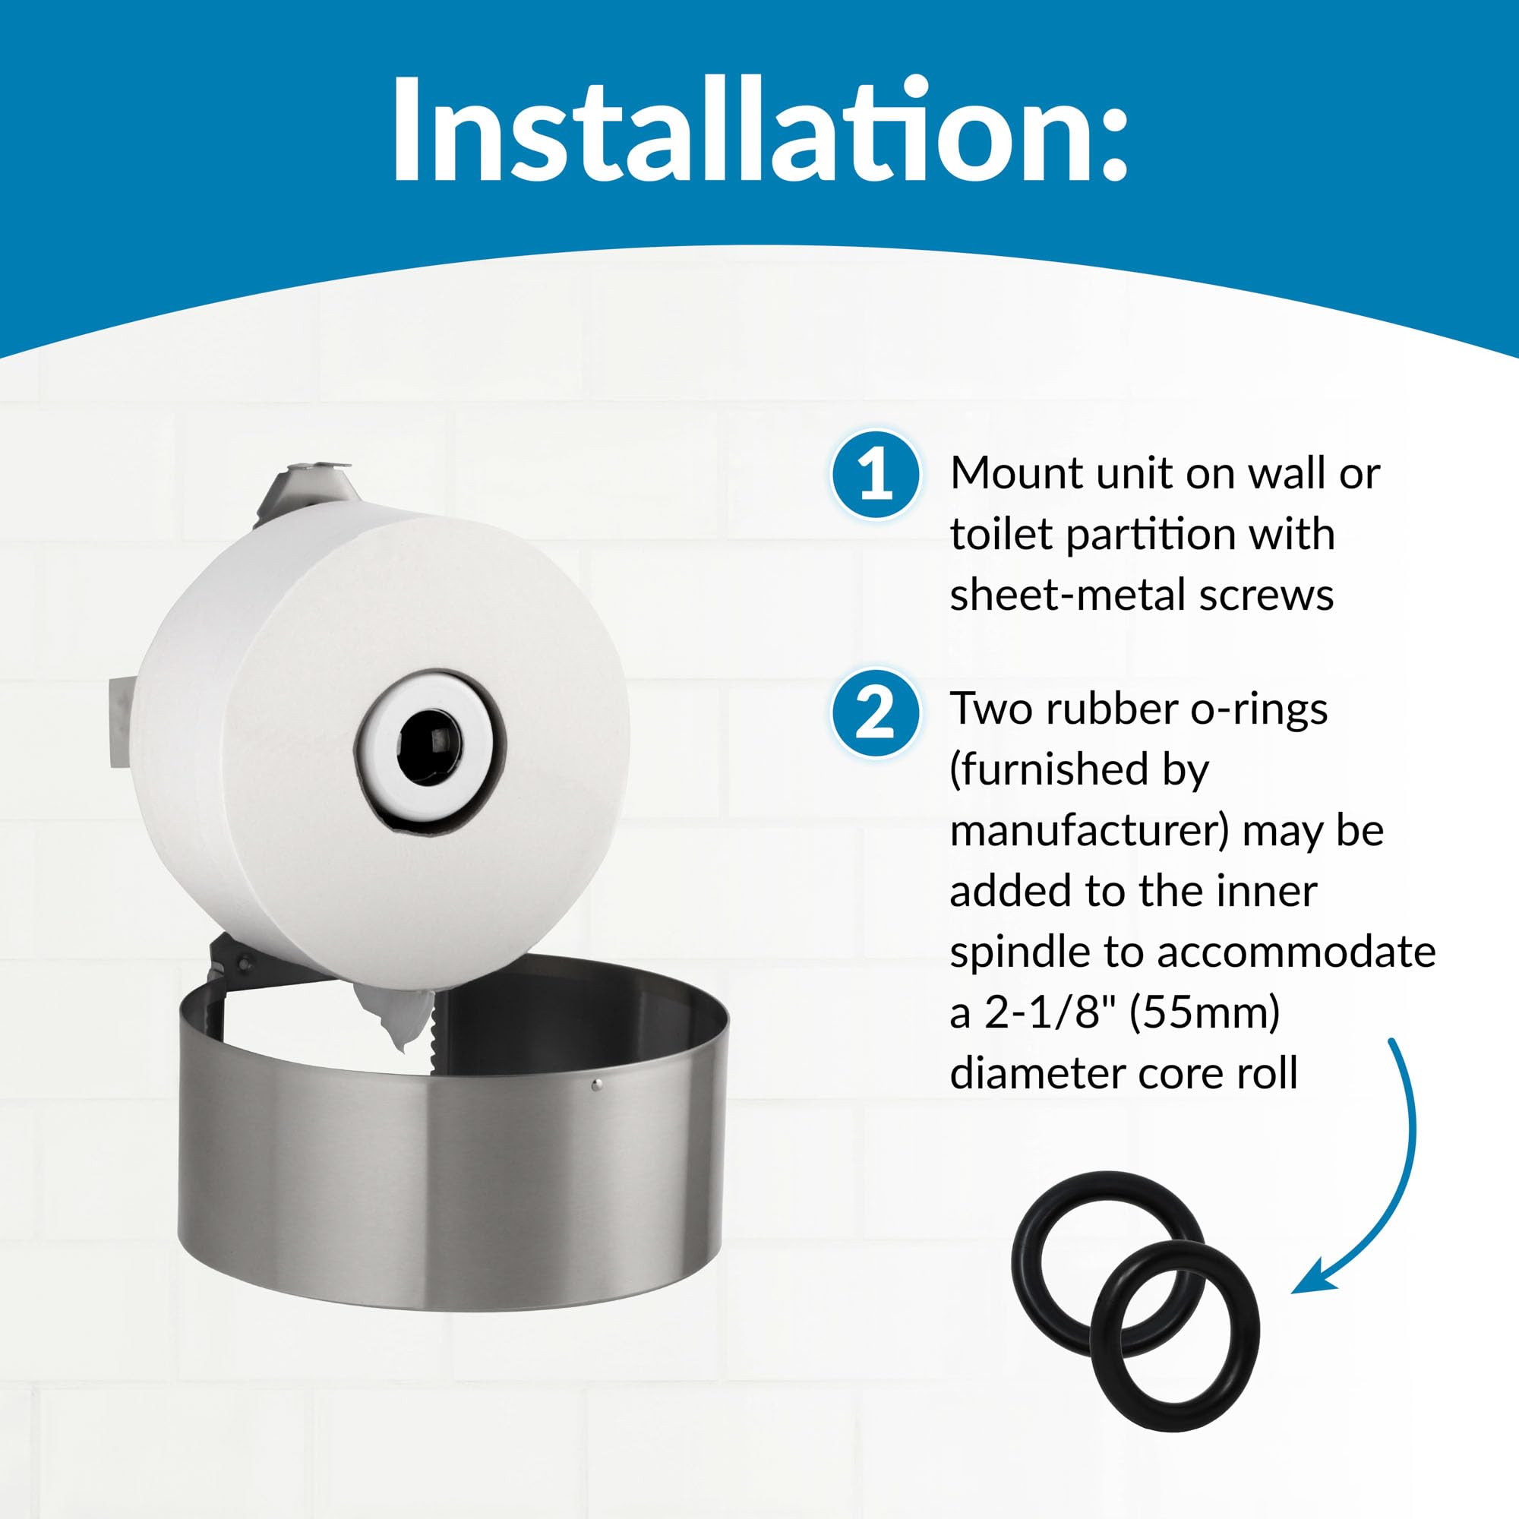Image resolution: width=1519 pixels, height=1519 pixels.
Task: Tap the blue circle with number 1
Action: (875, 474)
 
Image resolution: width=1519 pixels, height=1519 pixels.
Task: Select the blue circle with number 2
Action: (875, 712)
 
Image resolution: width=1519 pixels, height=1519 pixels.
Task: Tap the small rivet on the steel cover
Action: (595, 1086)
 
